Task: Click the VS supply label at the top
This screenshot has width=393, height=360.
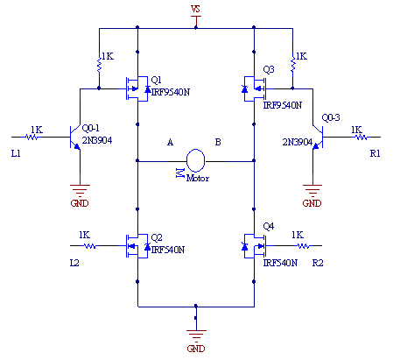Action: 195,9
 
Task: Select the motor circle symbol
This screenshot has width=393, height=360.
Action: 195,160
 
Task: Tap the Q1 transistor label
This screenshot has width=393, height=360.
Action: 157,80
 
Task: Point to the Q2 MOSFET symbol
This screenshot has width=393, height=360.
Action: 137,246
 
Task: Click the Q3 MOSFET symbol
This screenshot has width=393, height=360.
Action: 255,88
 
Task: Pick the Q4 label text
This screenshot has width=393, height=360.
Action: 269,226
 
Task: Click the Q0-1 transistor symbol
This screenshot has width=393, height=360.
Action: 75,138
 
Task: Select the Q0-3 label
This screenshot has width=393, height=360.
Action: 331,117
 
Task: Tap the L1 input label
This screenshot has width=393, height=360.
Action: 16,153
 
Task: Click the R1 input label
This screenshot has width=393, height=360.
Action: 375,153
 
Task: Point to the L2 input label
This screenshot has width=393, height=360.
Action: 74,263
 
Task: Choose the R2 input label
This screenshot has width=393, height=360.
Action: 318,263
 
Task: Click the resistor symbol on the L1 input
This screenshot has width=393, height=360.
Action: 32,137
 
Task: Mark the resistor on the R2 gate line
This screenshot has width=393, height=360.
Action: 304,246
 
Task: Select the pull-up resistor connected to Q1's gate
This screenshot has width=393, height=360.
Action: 99,64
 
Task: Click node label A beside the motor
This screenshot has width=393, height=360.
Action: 170,142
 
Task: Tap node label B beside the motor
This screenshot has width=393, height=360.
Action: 218,142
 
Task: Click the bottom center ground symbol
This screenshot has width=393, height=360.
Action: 196,335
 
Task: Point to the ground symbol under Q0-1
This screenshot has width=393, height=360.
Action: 80,191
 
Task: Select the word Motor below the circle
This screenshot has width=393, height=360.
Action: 198,178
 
